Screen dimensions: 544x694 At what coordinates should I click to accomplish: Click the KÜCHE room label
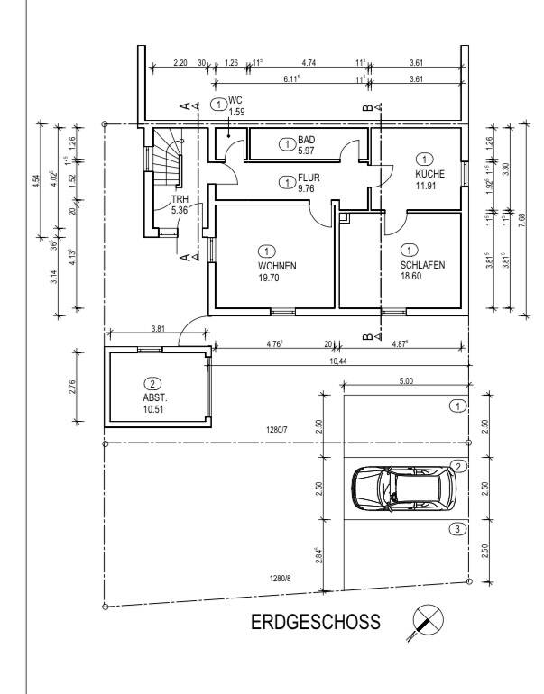coord(426,174)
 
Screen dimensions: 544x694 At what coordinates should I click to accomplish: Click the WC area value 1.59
coord(237,113)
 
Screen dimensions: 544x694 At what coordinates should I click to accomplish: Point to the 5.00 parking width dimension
coord(405,382)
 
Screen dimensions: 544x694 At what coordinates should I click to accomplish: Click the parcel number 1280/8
coord(281,578)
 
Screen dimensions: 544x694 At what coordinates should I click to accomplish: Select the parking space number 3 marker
coord(458,529)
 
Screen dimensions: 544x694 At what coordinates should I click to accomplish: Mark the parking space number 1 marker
coord(458,406)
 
